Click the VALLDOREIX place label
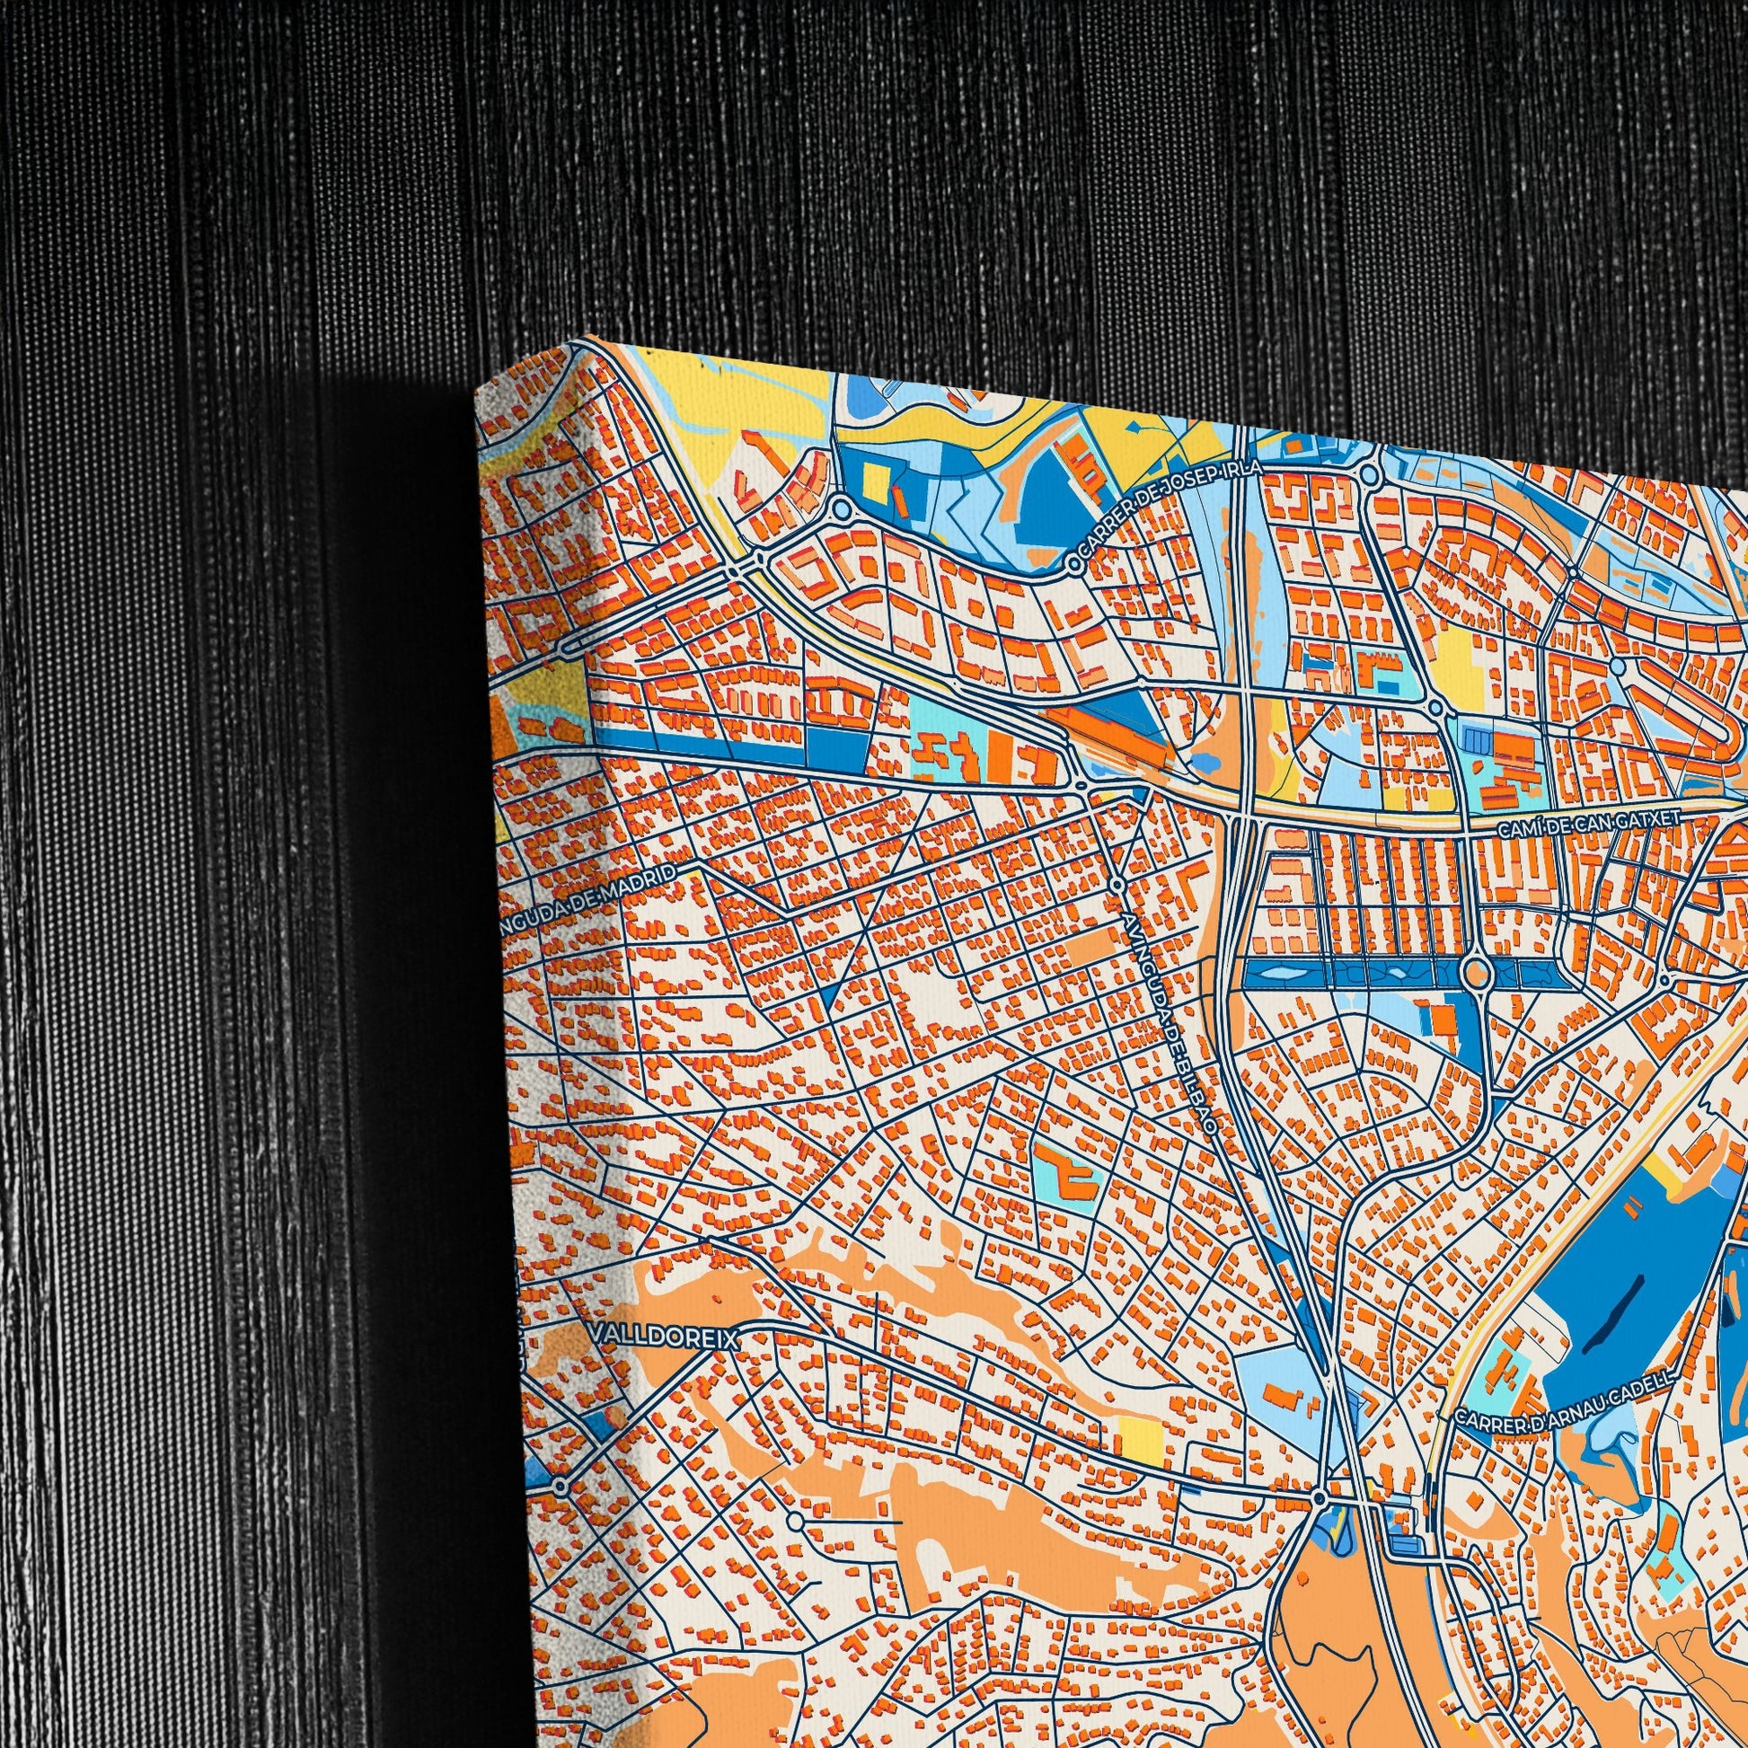663,1338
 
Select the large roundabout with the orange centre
1476,974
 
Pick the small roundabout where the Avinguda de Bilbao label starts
1118,885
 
